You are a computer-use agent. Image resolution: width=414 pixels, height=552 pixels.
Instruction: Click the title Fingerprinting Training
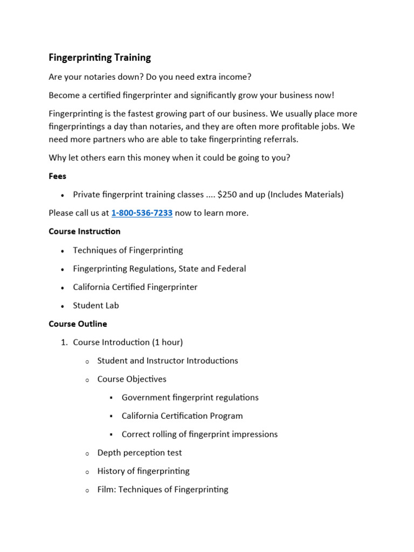click(x=100, y=57)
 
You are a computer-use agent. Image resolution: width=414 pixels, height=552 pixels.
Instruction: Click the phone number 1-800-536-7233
click(x=142, y=213)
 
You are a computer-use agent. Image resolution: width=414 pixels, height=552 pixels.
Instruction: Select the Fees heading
click(x=58, y=176)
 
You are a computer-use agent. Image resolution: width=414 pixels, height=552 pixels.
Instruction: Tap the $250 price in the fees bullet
click(x=227, y=195)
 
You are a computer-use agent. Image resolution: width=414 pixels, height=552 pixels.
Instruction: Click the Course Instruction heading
click(x=85, y=231)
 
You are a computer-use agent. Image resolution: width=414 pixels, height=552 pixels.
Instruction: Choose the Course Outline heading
click(x=78, y=324)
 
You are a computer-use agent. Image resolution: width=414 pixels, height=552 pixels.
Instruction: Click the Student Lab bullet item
click(x=96, y=306)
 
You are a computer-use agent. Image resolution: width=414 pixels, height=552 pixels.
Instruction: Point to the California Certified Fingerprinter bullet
click(x=135, y=287)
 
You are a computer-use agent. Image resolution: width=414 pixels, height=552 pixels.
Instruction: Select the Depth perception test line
click(x=140, y=453)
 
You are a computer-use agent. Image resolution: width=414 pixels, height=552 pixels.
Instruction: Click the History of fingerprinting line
click(x=143, y=471)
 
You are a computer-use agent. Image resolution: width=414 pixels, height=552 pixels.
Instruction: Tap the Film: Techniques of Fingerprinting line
click(x=163, y=489)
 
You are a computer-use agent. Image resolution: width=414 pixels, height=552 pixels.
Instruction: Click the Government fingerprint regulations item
click(x=190, y=398)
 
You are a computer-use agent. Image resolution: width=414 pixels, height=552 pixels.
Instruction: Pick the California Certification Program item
click(x=182, y=416)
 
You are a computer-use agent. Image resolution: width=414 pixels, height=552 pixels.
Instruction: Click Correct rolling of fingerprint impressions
click(x=199, y=434)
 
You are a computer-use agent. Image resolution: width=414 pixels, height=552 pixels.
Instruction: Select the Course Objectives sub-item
click(x=132, y=379)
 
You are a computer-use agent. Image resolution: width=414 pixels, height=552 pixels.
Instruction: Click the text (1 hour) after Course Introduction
click(x=167, y=342)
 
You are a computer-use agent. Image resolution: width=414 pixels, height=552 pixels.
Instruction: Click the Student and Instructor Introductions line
click(x=168, y=361)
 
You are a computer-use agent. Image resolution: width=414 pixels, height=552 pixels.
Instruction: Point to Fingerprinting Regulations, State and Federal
click(x=160, y=268)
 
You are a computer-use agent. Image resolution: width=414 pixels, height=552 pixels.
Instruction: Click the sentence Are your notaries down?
click(x=92, y=77)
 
